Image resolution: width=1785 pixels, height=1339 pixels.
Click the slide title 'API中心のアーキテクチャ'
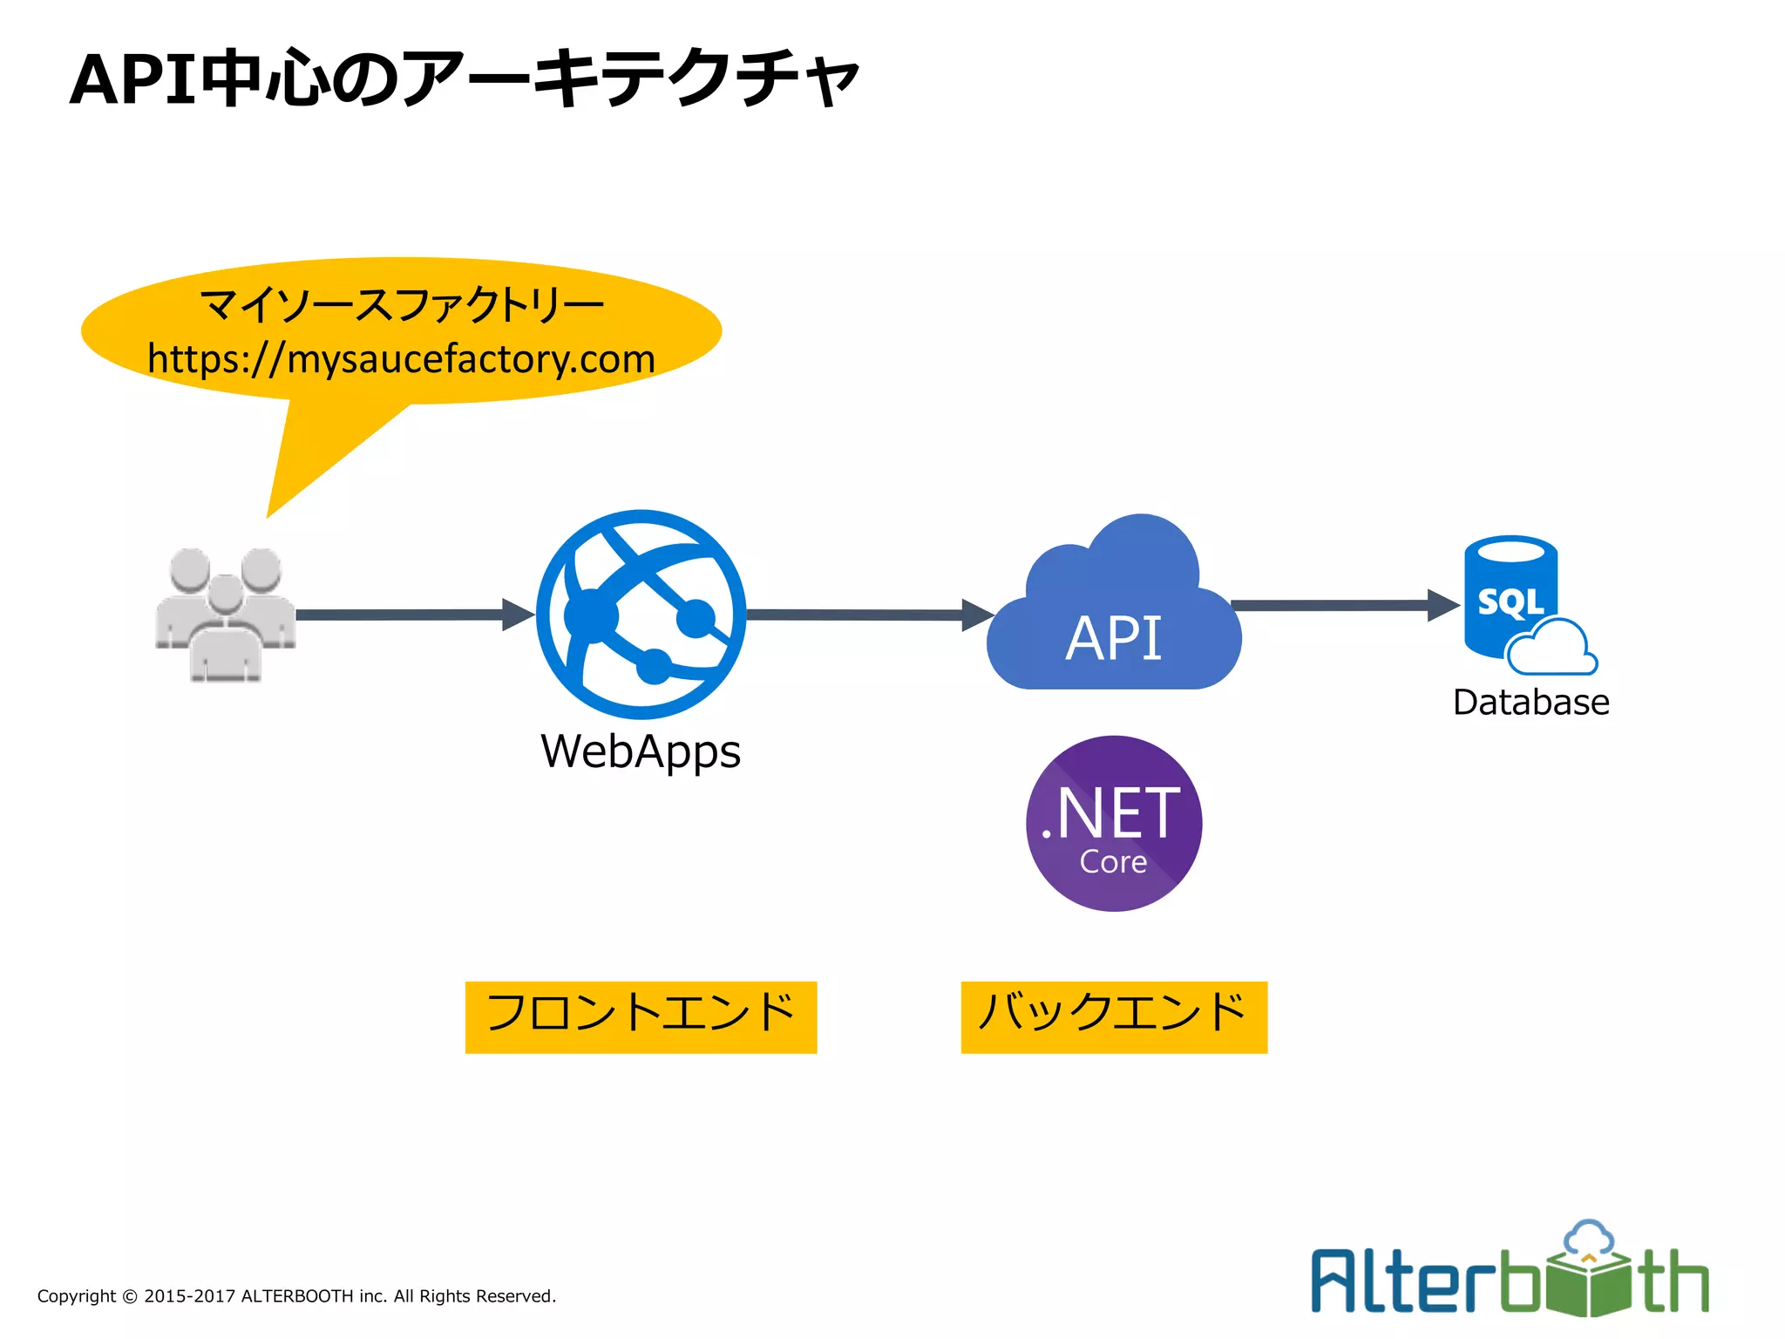464,80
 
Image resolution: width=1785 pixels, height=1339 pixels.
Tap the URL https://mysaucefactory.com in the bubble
401,359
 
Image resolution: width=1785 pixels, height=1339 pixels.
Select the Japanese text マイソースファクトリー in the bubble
401,305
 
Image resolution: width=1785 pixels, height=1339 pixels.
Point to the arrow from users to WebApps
410,615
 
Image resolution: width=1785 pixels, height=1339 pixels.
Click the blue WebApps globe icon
641,615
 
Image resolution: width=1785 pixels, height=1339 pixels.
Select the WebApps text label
641,751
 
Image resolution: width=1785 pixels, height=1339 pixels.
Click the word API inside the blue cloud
1113,638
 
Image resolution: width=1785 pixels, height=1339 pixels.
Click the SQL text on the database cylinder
1510,602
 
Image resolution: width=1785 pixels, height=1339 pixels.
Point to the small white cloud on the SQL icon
1552,649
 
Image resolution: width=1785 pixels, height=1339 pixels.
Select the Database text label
1530,703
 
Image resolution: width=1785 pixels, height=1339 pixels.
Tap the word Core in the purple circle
1113,862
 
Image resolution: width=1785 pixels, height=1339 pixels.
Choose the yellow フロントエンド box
641,1016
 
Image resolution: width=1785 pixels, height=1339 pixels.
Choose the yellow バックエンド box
1113,1016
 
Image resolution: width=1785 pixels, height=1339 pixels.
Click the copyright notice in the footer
296,1296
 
